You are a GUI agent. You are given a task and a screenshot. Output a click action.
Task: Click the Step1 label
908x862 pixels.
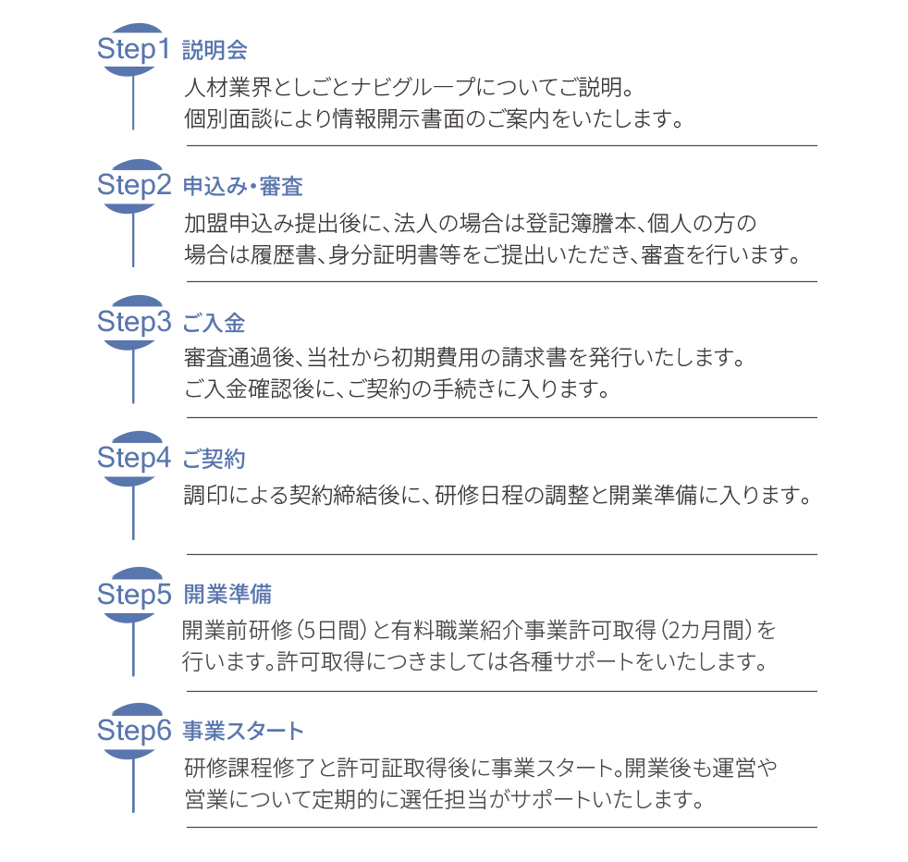coord(133,50)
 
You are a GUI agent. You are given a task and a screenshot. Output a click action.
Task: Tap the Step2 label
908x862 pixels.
coord(134,186)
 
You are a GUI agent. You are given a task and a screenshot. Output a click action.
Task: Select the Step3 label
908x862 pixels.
coord(134,322)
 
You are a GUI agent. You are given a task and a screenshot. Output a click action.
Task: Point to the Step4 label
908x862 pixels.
coord(134,458)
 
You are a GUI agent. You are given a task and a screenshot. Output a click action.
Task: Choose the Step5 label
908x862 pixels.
coord(134,595)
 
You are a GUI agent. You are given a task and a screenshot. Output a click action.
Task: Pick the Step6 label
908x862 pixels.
coord(134,731)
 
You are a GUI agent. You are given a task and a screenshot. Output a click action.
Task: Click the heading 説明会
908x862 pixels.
coord(215,50)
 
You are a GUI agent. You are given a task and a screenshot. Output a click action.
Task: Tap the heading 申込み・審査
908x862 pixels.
coord(243,187)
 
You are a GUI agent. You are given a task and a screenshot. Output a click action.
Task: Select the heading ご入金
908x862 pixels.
coord(215,323)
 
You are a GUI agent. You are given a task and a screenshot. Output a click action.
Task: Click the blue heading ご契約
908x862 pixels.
coord(215,459)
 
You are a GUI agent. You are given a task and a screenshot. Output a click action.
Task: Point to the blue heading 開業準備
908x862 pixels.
coord(227,595)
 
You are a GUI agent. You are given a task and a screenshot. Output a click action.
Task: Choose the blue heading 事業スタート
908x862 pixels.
coord(243,731)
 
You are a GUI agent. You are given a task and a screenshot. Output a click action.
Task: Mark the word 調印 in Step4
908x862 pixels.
coord(206,496)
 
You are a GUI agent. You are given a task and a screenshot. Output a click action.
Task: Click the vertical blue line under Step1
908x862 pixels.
coord(133,103)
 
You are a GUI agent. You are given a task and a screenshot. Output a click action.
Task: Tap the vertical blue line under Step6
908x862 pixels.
coord(133,785)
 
